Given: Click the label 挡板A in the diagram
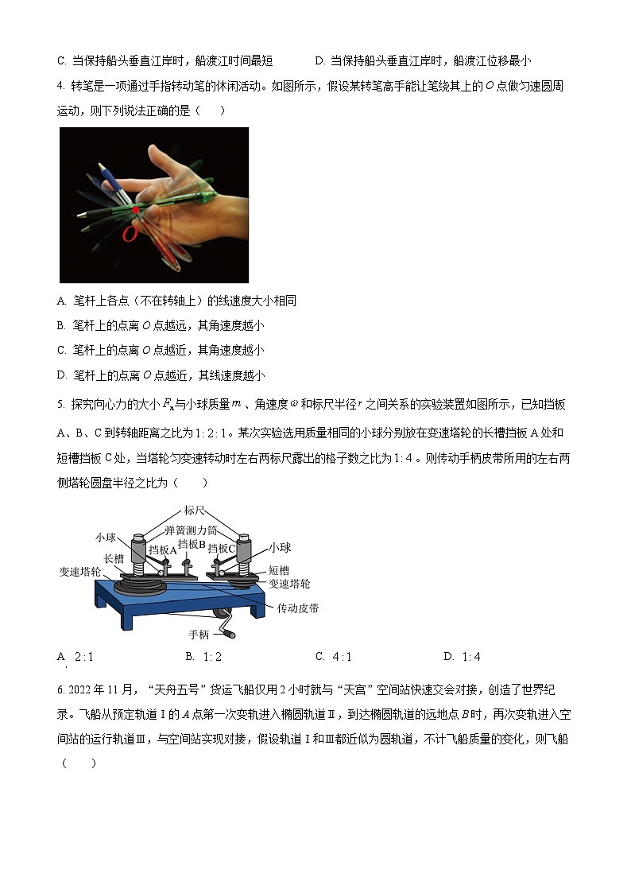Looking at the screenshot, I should pos(162,549).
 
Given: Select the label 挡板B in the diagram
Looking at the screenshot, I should pos(192,544).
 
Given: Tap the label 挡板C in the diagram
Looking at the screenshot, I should pos(222,548).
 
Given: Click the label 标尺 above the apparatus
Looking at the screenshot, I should pos(195,510).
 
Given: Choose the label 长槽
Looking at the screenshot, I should pos(114,559).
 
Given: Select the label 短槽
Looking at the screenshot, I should pos(278,570).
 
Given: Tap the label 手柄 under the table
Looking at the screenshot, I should pos(199,635).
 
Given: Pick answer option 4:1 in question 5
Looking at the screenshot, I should pos(333,657).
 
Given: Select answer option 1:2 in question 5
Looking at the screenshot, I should pos(203,657).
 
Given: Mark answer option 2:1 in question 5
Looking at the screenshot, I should pos(76,657).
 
